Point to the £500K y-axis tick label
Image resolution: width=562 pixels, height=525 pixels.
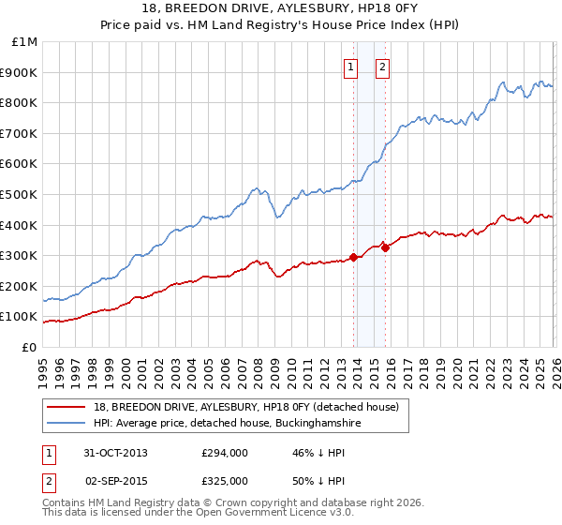21,194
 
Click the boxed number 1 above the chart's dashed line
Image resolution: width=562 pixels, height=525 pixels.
350,67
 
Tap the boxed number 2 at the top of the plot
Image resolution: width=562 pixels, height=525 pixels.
383,67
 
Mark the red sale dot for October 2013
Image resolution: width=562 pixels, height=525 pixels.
353,257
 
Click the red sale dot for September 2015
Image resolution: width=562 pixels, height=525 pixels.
385,247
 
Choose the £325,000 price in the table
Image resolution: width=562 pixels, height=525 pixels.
224,480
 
